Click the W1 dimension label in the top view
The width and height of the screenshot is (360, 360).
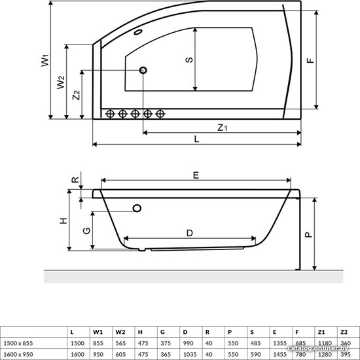pos(45,60)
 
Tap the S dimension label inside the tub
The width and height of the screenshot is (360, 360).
pos(189,60)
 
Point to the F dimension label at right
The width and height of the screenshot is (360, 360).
pos(310,60)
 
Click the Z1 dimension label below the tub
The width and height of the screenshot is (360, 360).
pos(223,128)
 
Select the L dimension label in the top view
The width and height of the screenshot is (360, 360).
pos(196,139)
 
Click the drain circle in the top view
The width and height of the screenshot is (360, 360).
pos(143,70)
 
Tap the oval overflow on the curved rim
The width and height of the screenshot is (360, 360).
pos(138,32)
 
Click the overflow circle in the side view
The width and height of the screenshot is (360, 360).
pos(137,208)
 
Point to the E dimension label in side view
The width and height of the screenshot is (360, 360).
pos(196,175)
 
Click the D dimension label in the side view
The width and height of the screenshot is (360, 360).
pos(190,233)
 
